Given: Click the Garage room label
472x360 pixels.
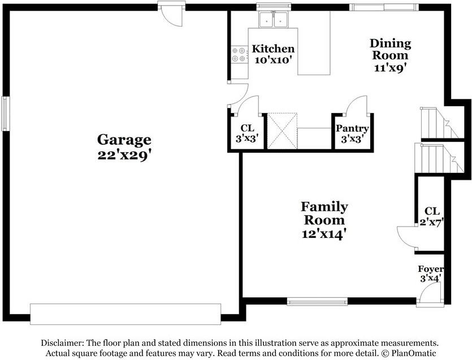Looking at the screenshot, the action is pyautogui.click(x=124, y=140).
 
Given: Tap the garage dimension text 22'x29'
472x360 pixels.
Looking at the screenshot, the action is pyautogui.click(x=124, y=155).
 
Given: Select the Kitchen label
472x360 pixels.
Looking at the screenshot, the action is pyautogui.click(x=273, y=49).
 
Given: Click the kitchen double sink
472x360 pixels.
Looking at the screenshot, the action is pyautogui.click(x=274, y=19).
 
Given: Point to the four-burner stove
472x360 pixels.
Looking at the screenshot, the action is pyautogui.click(x=239, y=54).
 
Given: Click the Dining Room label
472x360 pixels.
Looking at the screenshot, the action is pyautogui.click(x=391, y=49).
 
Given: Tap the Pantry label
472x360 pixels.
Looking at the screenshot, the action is pyautogui.click(x=352, y=128).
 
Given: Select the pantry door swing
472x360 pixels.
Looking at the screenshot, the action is pyautogui.click(x=357, y=105).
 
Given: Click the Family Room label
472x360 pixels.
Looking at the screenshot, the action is pyautogui.click(x=324, y=214).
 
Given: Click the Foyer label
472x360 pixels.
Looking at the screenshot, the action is pyautogui.click(x=431, y=269).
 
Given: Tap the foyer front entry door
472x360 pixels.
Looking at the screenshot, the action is pyautogui.click(x=431, y=295).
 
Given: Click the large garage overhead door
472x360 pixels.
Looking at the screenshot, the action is pyautogui.click(x=125, y=314).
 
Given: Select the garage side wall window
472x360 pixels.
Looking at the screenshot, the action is pyautogui.click(x=5, y=114).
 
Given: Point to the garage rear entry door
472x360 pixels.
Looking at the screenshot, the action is pyautogui.click(x=171, y=14).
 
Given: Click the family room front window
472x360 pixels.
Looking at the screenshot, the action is pyautogui.click(x=317, y=301).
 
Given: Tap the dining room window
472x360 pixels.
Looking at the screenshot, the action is pyautogui.click(x=384, y=7).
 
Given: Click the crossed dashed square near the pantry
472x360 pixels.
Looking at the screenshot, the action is pyautogui.click(x=283, y=131).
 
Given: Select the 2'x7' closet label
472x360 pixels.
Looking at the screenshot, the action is pyautogui.click(x=432, y=216).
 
